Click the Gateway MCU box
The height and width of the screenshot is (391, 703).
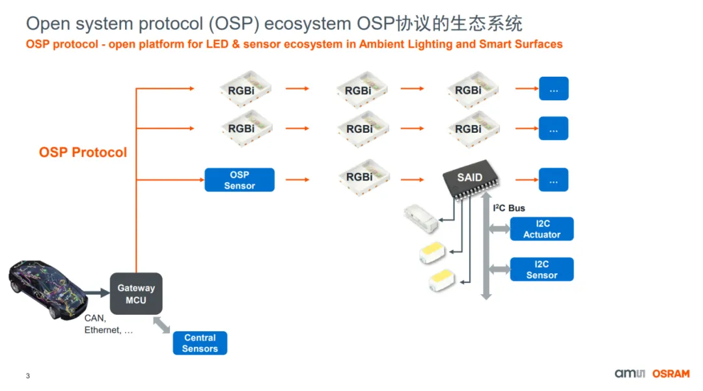136,294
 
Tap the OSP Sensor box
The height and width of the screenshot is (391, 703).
240,180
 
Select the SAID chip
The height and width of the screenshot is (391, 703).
469,179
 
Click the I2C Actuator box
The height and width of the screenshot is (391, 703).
542,229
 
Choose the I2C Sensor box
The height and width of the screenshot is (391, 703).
542,269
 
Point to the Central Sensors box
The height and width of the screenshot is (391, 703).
200,343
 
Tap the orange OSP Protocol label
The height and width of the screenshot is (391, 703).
83,152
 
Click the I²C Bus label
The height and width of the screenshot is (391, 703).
509,208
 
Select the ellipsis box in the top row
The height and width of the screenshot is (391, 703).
553,89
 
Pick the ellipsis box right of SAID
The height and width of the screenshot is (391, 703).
553,180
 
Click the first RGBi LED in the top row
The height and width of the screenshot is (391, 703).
241,90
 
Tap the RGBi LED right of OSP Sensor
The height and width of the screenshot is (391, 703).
359,176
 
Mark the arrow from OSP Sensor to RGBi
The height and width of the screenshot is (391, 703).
297,179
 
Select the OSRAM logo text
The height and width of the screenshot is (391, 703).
671,373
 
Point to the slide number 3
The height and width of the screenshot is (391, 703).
27,376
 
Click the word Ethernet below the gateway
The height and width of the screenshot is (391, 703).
102,330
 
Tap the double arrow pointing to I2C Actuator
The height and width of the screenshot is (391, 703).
499,228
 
